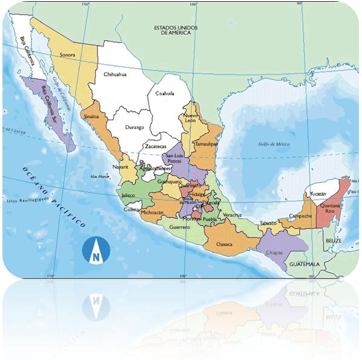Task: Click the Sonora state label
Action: point(67,55)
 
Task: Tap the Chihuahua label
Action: point(115,75)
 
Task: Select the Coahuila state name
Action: point(164,93)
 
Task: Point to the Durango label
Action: point(134,127)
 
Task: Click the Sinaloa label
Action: point(91,115)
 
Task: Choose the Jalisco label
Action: point(128,196)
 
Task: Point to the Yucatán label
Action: point(318,193)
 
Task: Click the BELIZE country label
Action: point(334,241)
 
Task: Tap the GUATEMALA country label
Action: point(304,265)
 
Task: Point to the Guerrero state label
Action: point(180,227)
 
